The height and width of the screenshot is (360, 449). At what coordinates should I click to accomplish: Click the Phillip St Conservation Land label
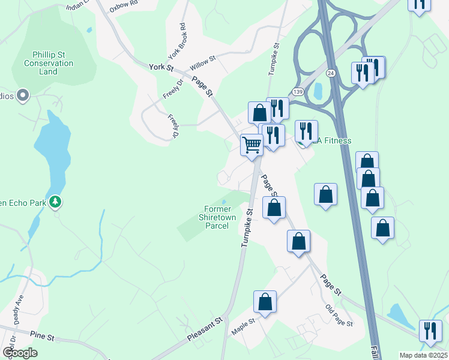click(x=49, y=63)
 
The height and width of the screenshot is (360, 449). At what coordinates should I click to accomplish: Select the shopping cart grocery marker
click(x=252, y=145)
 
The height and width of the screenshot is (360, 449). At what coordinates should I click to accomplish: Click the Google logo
click(x=20, y=353)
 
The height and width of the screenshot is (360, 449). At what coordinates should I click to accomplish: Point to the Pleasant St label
click(x=205, y=330)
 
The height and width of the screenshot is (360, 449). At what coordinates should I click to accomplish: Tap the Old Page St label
click(x=339, y=314)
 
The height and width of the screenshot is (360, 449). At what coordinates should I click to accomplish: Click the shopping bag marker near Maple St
click(x=265, y=302)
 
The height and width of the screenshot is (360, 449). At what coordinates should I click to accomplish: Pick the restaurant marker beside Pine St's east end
click(x=430, y=331)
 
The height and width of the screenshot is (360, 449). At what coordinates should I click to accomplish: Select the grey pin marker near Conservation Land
click(x=23, y=95)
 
